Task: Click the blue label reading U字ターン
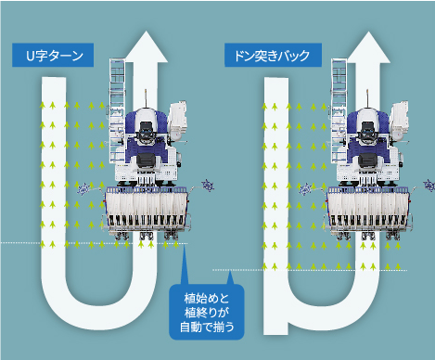point(53,56)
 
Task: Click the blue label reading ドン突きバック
point(274,56)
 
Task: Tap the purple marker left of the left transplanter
point(86,188)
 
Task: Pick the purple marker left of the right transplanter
point(307,188)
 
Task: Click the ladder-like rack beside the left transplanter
point(118,102)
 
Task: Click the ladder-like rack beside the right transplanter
point(339,102)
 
